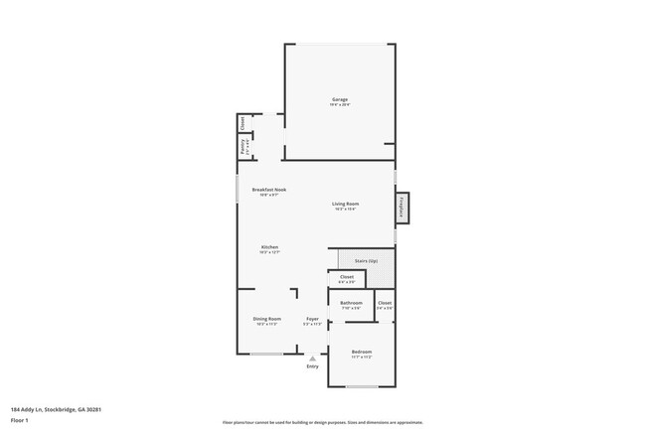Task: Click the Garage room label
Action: (x=340, y=99)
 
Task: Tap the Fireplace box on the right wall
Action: (x=403, y=208)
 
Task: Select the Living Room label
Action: (x=345, y=204)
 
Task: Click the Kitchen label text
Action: (x=269, y=247)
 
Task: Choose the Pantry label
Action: (x=242, y=147)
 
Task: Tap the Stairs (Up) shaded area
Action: (x=366, y=261)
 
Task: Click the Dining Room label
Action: (x=266, y=319)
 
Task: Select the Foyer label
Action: (x=312, y=319)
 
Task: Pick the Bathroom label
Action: (x=351, y=303)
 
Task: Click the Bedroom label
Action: (x=362, y=352)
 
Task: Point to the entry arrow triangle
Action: (x=313, y=358)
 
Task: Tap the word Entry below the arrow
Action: (x=313, y=366)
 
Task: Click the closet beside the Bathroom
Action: (x=385, y=304)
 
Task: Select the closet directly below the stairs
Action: (x=347, y=279)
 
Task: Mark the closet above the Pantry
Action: (x=242, y=123)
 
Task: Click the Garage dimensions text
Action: (x=340, y=105)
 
